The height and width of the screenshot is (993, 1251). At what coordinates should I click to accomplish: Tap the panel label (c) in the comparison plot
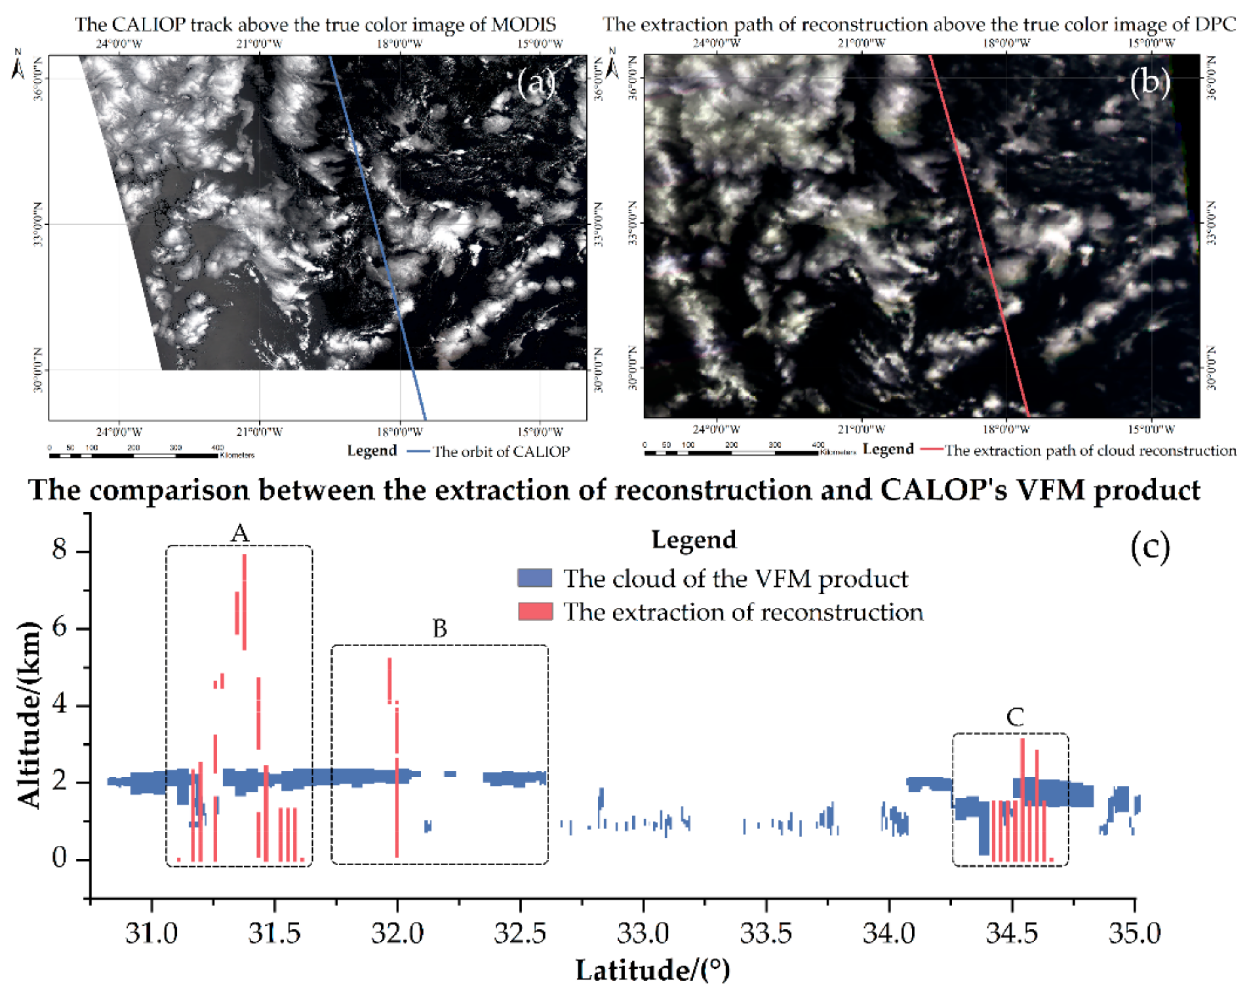[x=1150, y=546]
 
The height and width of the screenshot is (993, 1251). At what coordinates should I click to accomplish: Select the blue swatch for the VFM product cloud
[x=534, y=578]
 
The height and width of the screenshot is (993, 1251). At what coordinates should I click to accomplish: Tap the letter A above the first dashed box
[x=240, y=533]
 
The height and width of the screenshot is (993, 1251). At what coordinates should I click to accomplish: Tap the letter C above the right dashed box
[x=1014, y=718]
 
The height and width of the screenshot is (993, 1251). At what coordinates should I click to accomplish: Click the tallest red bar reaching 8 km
[x=244, y=603]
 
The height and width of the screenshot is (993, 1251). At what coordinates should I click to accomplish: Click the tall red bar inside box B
[x=397, y=783]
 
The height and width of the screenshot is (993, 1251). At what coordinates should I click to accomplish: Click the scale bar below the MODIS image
[x=134, y=455]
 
